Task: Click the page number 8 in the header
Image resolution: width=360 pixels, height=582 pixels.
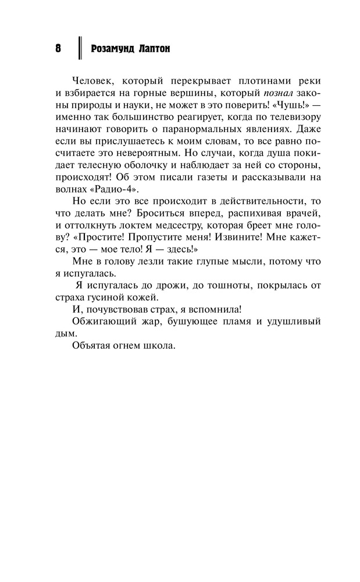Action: pyautogui.click(x=58, y=49)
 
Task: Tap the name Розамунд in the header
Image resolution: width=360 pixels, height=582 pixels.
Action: pyautogui.click(x=113, y=50)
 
